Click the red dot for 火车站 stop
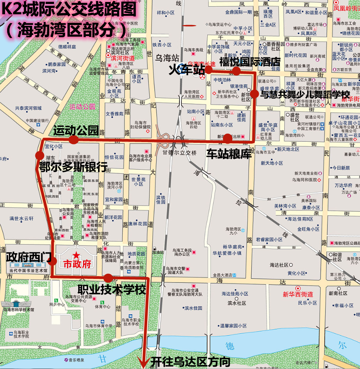click(208, 70)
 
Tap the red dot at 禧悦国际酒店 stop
click(237, 71)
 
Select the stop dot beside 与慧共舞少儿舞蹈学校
click(254, 94)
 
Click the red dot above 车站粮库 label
click(227, 139)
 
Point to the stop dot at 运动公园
click(73, 140)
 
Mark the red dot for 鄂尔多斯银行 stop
click(39, 155)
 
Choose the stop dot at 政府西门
click(52, 261)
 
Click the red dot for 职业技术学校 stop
click(108, 278)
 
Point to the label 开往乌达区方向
click(190, 362)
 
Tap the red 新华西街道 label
click(298, 294)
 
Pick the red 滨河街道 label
click(123, 58)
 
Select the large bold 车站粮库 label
click(229, 154)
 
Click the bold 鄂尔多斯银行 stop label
click(73, 167)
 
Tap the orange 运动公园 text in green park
click(82, 106)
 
